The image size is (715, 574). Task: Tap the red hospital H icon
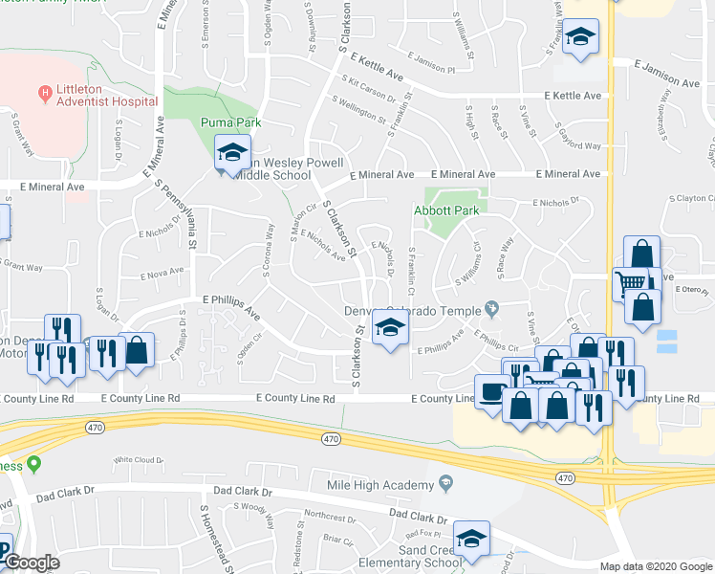[x=43, y=93]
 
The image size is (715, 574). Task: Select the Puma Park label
[x=230, y=122]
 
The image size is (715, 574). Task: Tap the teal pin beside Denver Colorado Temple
[x=491, y=308]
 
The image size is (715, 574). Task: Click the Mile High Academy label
[x=380, y=486]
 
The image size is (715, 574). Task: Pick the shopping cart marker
[x=631, y=284]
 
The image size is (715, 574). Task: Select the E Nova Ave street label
[x=161, y=275]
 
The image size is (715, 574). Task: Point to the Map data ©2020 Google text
[x=655, y=566]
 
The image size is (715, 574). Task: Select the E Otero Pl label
[x=689, y=289]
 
